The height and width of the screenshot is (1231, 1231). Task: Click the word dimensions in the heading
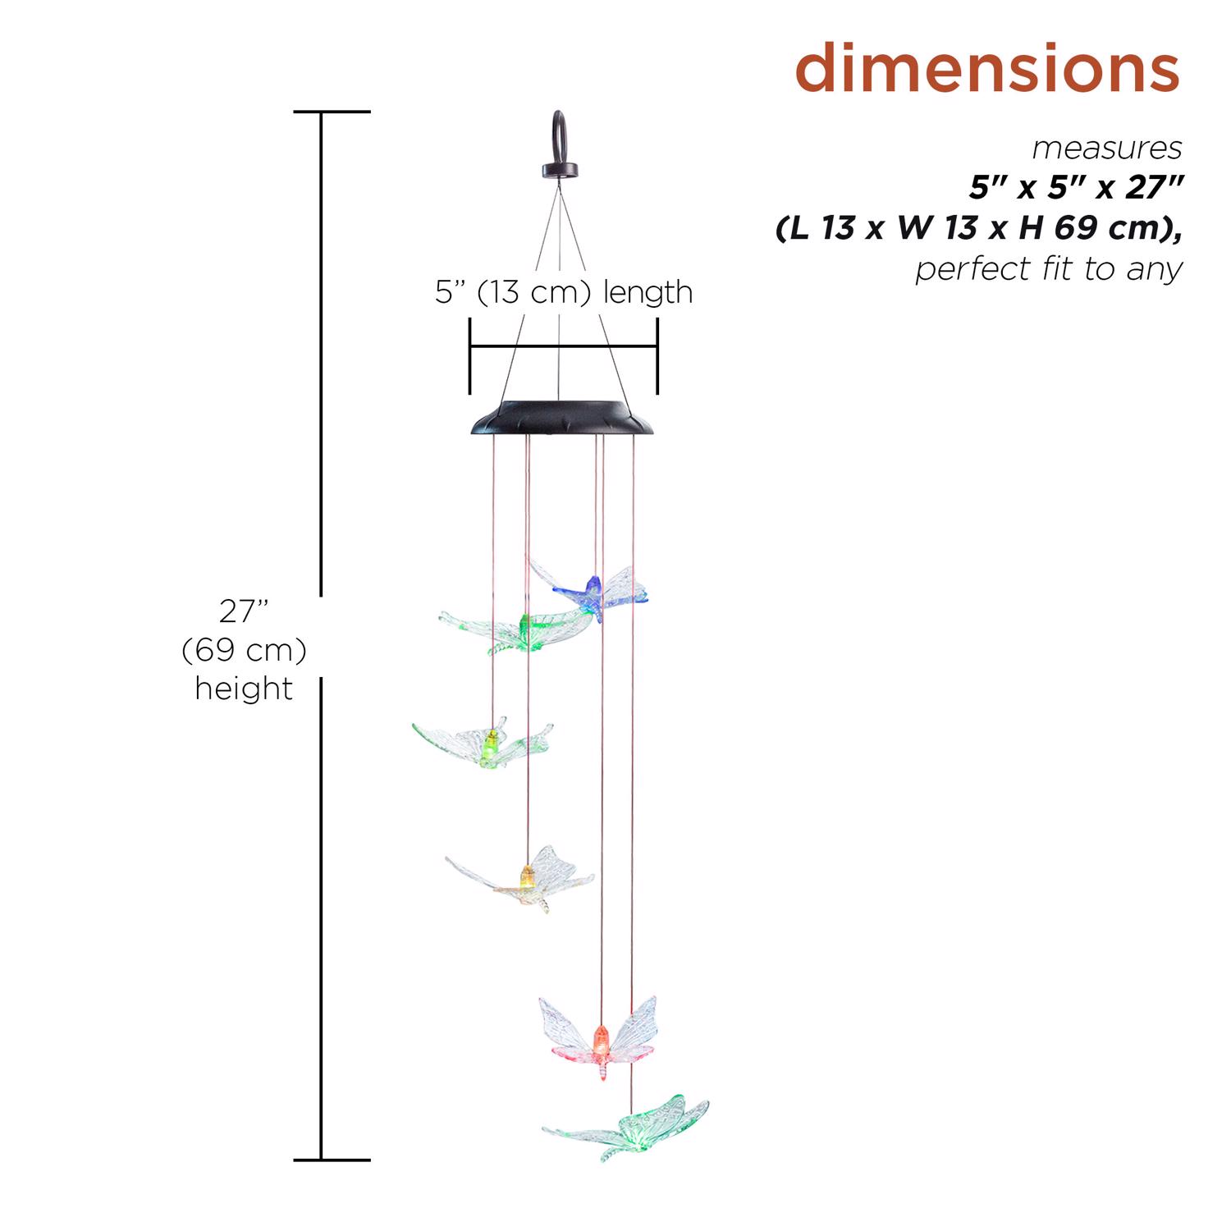[x=987, y=69]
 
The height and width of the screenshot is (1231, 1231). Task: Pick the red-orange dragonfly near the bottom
[x=598, y=1037]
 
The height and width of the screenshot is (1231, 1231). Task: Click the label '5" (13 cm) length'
[x=564, y=292]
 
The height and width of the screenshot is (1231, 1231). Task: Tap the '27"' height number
[x=244, y=611]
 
